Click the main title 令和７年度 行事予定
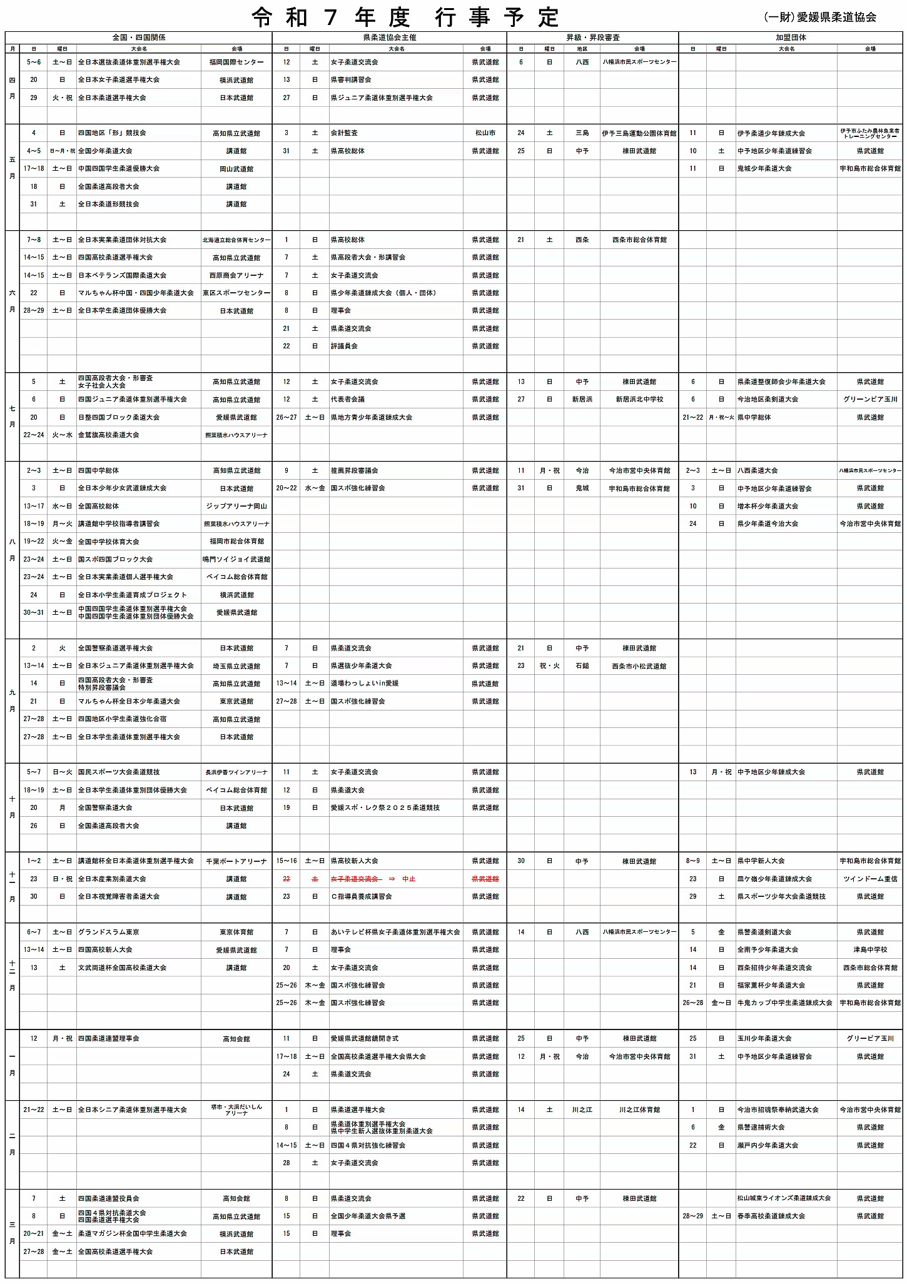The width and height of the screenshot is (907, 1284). click(405, 18)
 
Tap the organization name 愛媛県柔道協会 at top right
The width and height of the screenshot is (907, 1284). click(836, 18)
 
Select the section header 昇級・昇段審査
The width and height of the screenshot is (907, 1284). click(592, 38)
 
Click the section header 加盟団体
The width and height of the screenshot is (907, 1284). click(791, 38)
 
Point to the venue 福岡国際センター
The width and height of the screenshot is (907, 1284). click(236, 63)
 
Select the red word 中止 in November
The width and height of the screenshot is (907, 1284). click(408, 879)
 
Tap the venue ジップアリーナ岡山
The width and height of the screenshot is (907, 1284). click(236, 506)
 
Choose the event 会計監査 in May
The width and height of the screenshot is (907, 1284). click(344, 133)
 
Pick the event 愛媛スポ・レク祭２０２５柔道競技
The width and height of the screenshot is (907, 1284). click(385, 807)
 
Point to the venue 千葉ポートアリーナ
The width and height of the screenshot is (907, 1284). click(236, 861)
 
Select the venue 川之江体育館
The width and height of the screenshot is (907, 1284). click(639, 1110)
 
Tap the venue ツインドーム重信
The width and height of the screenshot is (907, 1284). click(870, 879)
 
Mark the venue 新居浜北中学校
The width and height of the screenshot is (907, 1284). click(639, 399)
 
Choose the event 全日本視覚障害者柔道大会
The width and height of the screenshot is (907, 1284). click(119, 896)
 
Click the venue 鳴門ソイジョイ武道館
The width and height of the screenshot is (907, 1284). click(236, 559)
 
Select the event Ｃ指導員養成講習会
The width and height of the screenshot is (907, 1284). click(362, 896)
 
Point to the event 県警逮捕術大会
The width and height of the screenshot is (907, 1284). click(761, 1127)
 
